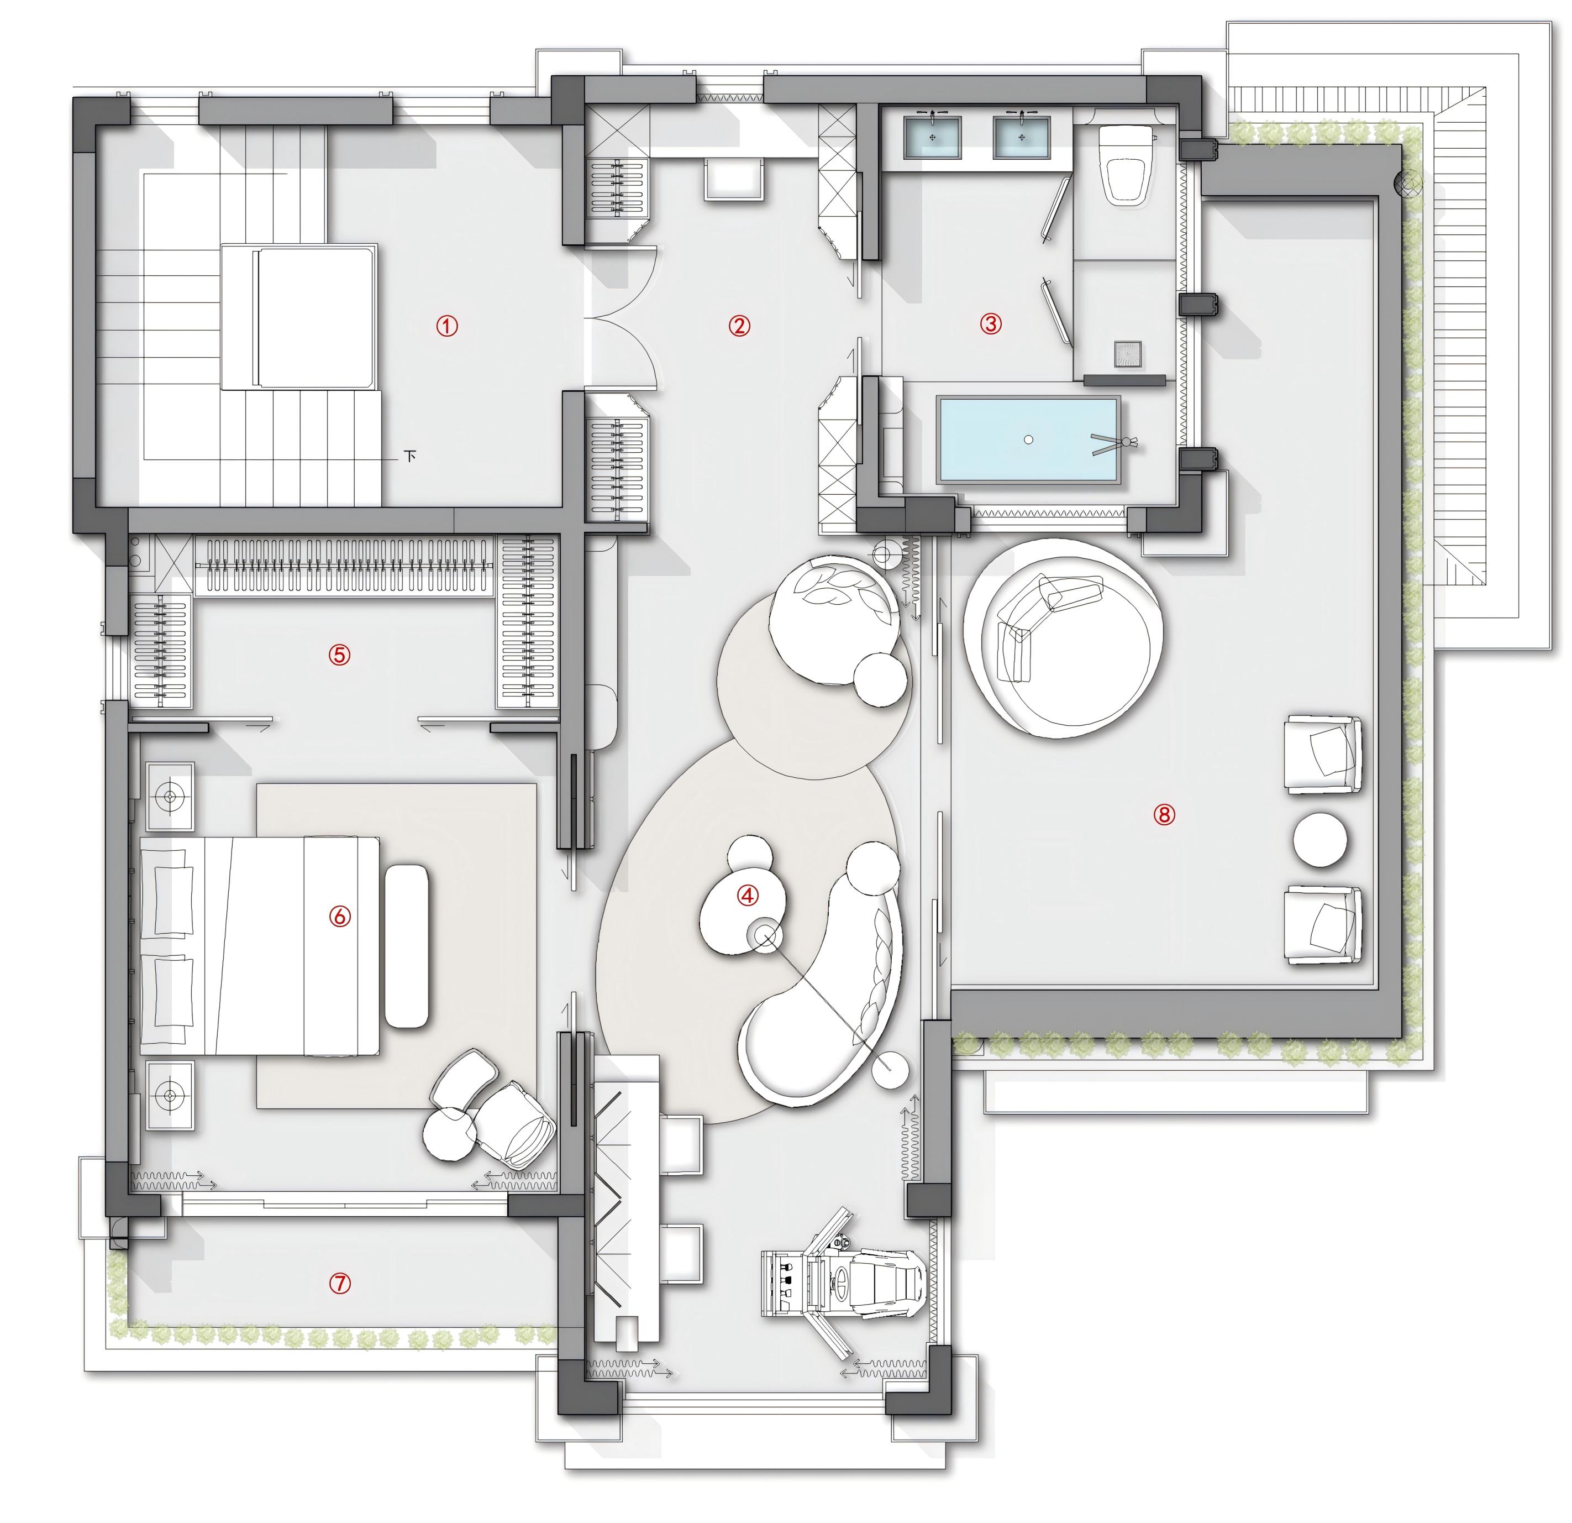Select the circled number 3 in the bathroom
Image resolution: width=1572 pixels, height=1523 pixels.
coord(991,323)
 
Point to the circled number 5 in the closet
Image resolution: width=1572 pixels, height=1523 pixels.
coord(339,655)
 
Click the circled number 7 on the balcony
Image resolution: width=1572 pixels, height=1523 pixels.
coord(340,1284)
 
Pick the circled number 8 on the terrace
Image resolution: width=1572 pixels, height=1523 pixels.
coord(1164,814)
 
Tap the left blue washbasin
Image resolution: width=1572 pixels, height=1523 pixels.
coord(933,137)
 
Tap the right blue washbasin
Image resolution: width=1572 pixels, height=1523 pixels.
coord(1022,137)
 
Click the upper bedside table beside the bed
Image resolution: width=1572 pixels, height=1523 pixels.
coord(170,797)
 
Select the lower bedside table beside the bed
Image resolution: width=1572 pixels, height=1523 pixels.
coord(170,1095)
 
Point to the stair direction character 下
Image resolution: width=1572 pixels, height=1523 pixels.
coord(411,457)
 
